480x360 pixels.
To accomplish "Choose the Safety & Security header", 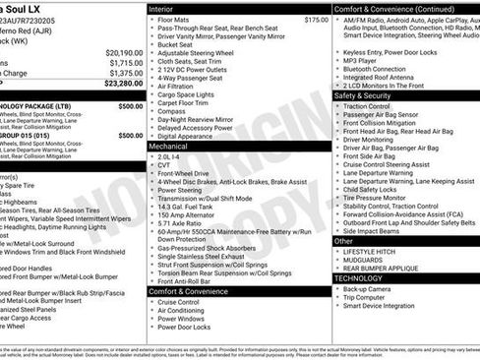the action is point(363,95).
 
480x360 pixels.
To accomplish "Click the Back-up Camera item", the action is point(370,289).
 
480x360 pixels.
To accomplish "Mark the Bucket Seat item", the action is point(175,44).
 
